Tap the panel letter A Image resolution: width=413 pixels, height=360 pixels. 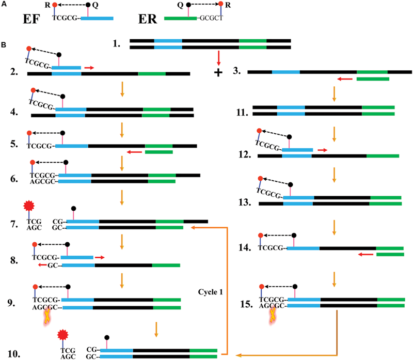coord(4,4)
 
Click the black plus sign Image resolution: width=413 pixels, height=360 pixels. coord(218,72)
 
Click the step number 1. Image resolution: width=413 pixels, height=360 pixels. coord(117,44)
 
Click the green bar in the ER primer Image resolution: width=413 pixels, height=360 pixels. coord(180,18)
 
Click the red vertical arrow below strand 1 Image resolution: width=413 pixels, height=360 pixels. coord(219,56)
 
